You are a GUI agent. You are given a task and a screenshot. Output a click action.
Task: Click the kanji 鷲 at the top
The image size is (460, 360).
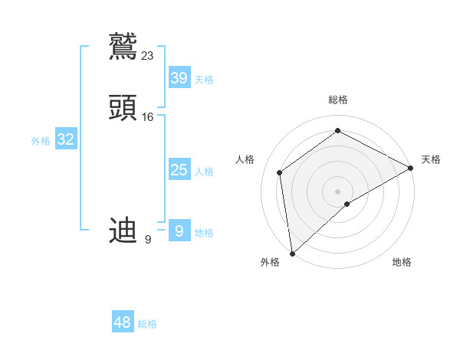coord(123,46)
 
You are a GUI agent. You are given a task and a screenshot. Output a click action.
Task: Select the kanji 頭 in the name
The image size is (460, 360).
coord(123,108)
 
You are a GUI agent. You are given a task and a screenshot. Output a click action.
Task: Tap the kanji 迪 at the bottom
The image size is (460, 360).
coord(123,230)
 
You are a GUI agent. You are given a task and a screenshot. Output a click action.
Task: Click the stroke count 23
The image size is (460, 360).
coord(148,55)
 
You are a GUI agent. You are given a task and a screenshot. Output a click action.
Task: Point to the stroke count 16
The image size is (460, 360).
coord(148,117)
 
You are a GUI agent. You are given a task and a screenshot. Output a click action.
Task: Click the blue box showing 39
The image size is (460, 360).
coord(179,78)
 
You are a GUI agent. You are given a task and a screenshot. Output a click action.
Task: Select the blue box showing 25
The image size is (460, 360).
coord(179,170)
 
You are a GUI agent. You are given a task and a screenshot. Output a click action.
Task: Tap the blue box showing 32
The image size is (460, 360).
coord(66,139)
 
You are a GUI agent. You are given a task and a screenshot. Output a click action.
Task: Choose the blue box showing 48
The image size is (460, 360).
coord(123,322)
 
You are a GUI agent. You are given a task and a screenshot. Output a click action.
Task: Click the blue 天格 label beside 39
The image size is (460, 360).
coord(204,80)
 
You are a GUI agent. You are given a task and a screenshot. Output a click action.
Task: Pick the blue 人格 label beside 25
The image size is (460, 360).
coord(204,172)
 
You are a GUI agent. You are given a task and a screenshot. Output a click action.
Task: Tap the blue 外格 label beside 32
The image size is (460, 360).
coord(41,141)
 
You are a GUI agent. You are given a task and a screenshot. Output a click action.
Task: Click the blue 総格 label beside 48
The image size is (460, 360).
coord(147,324)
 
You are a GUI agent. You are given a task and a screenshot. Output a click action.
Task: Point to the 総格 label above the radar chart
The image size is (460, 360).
coord(338,100)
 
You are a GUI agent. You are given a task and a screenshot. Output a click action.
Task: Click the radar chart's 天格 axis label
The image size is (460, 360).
coord(431,159)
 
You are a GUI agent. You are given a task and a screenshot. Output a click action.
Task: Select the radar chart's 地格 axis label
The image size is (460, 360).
coord(402,262)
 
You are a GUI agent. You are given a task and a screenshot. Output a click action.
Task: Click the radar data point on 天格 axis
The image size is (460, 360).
coord(411,168)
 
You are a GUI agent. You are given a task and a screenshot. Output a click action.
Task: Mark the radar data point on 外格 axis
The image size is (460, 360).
coord(292,253)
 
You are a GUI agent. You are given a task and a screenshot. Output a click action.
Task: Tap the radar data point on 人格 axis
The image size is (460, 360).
coord(280,172)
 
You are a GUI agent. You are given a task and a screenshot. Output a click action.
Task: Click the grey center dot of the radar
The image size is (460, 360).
coord(338,191)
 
